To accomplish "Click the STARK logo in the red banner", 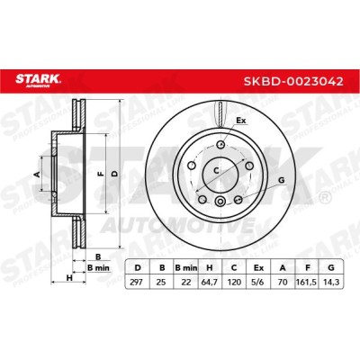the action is pyautogui.click(x=38, y=80).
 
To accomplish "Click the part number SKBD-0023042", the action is pyautogui.click(x=293, y=81).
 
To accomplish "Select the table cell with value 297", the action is pyautogui.click(x=137, y=283).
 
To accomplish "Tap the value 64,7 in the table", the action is pyautogui.click(x=210, y=283).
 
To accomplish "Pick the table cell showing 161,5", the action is pyautogui.click(x=307, y=283).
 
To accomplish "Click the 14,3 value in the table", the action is pyautogui.click(x=331, y=283).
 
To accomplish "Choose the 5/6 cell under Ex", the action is pyautogui.click(x=258, y=283).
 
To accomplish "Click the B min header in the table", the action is pyautogui.click(x=186, y=267).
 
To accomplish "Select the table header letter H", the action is pyautogui.click(x=210, y=267).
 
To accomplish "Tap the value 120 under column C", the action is pyautogui.click(x=234, y=283).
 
